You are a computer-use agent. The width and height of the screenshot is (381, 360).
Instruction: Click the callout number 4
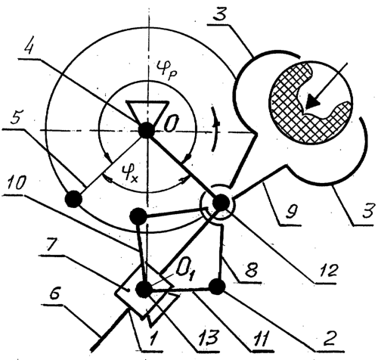point(29,46)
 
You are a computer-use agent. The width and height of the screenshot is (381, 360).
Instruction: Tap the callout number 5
point(17,116)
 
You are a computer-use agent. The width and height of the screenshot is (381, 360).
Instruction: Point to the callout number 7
point(51,244)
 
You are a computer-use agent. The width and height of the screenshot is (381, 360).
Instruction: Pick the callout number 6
point(55,293)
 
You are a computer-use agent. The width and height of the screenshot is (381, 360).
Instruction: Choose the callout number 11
point(262,338)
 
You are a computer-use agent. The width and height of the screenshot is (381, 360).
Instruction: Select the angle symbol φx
point(129,172)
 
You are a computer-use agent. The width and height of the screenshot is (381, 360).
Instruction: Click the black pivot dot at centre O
point(147,130)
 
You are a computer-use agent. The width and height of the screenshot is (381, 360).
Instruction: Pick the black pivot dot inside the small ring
point(221,203)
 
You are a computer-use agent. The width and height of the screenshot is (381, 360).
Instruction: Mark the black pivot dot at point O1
point(144,289)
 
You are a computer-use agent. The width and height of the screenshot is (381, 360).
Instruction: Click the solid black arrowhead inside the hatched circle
point(312,101)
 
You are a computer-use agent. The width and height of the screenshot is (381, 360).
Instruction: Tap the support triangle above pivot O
point(147,113)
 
